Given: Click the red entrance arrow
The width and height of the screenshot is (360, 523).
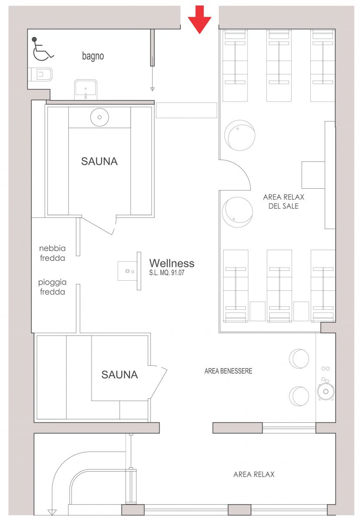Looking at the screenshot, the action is click(x=199, y=20).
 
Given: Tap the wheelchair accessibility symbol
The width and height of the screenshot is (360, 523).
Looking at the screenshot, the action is click(x=42, y=49).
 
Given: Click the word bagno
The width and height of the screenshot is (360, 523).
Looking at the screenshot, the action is click(x=93, y=56).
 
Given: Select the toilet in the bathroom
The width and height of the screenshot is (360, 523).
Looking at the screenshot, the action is click(x=41, y=75).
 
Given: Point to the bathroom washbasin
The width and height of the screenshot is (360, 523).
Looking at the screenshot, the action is click(x=86, y=89).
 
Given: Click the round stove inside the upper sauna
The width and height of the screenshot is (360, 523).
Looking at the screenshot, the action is click(x=99, y=117).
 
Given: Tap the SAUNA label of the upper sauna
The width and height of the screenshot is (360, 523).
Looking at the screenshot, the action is click(x=99, y=161).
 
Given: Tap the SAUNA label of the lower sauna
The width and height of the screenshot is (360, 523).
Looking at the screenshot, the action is click(x=119, y=375).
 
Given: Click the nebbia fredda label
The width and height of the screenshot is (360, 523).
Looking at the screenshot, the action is click(x=52, y=253).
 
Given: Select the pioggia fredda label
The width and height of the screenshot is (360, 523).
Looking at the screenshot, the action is click(x=52, y=287).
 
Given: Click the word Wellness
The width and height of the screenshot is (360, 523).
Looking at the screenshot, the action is click(x=172, y=263).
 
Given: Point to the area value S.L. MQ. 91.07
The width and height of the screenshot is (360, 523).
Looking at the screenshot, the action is click(x=166, y=273).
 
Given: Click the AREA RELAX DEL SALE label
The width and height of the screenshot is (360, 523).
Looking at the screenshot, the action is click(x=283, y=201).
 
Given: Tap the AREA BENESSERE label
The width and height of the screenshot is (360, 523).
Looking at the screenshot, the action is click(x=228, y=371).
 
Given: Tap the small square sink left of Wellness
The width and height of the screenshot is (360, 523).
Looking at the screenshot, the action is click(x=127, y=271).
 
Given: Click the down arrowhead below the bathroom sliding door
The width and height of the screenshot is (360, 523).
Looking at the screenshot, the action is click(x=152, y=89).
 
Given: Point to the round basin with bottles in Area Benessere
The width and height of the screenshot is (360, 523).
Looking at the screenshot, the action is click(x=326, y=391).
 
